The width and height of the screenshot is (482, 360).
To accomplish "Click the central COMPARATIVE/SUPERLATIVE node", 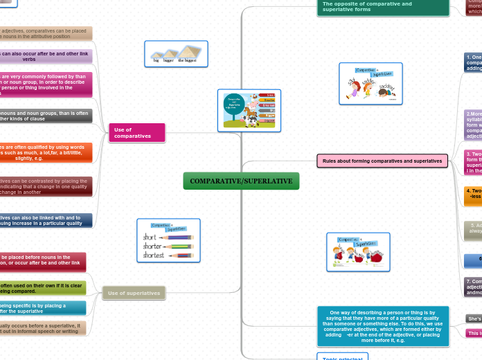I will coord(241,181).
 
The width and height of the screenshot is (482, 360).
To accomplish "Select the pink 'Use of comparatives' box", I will coord(137,132).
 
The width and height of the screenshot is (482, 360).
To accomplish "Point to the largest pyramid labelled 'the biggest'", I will coord(192,52).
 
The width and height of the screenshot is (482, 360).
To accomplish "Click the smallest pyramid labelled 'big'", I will coord(157,55).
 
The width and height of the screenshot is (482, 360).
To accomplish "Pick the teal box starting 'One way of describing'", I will coord(382,326).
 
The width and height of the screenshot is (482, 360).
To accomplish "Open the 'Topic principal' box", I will coord(342,357).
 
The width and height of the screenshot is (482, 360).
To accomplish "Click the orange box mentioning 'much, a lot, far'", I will coord(46,152).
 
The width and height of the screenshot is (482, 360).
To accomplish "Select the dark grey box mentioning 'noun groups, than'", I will coord(46,116).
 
